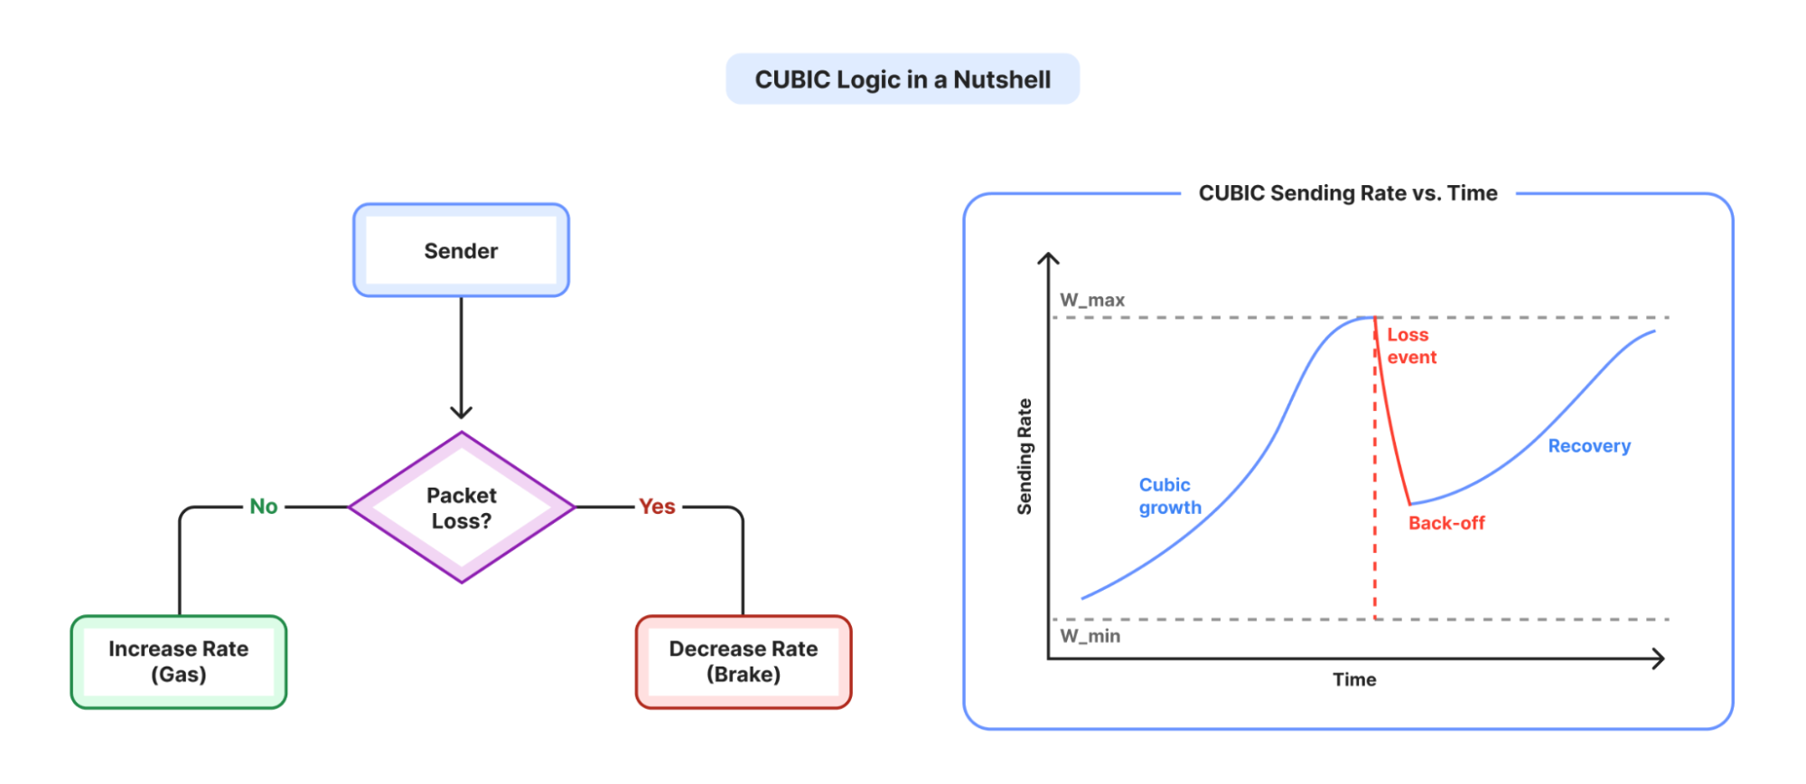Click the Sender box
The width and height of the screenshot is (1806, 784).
tap(461, 250)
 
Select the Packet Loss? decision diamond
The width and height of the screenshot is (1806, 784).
tap(462, 508)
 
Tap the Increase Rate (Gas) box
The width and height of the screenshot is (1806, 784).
tap(179, 662)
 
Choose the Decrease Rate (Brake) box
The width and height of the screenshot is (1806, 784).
tap(744, 662)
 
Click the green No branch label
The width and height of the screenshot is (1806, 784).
tap(264, 507)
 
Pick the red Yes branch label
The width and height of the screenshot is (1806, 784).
tap(657, 507)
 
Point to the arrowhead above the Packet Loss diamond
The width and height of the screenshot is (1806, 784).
tap(461, 411)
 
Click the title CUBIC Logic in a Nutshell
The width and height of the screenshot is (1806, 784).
tap(903, 79)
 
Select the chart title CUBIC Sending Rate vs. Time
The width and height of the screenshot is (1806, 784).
tap(1348, 193)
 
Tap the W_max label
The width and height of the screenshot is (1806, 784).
tap(1092, 300)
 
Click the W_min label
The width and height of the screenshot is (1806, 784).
tap(1090, 636)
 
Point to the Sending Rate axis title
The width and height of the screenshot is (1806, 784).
tap(1025, 457)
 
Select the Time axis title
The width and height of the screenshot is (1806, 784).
tap(1354, 679)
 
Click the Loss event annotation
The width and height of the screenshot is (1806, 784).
tap(1411, 346)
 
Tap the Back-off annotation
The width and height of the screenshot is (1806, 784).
tap(1446, 523)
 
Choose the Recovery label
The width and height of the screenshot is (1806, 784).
tap(1589, 446)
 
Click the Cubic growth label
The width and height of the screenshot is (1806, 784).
tap(1170, 496)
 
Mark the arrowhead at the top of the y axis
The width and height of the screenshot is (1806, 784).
tap(1048, 258)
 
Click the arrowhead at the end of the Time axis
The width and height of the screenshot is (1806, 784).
tap(1658, 658)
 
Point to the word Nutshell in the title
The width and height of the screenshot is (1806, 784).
tap(1002, 79)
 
